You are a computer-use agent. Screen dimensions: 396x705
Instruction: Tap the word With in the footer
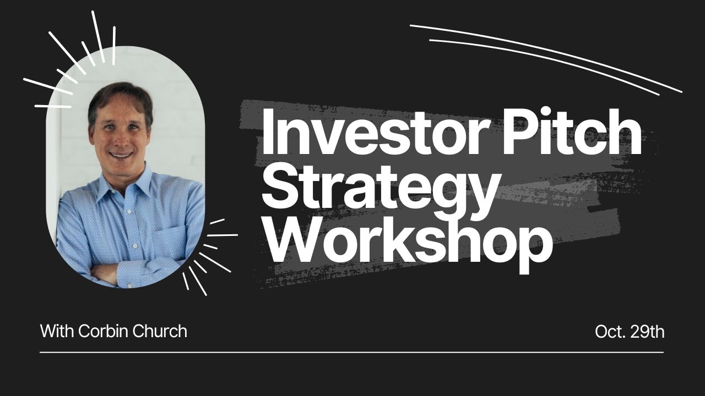click(57, 331)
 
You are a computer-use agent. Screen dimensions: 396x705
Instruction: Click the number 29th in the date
click(647, 332)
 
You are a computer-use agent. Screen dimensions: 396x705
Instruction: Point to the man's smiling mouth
click(122, 155)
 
